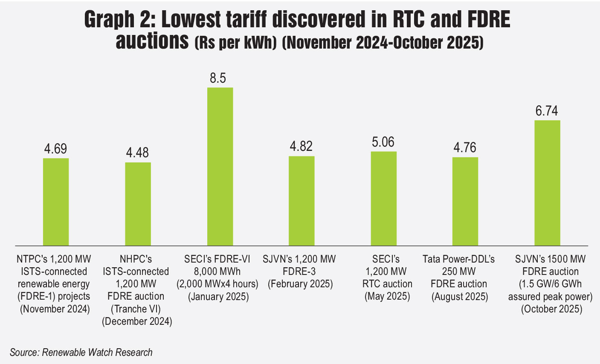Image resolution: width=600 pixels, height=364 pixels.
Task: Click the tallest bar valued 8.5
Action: point(220,166)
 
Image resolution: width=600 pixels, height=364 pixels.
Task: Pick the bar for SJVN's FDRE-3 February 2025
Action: point(301,200)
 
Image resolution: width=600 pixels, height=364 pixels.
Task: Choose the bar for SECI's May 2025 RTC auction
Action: point(383,198)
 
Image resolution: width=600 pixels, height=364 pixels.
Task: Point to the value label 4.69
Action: point(56,149)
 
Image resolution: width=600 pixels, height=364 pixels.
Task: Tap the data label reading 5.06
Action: point(383,142)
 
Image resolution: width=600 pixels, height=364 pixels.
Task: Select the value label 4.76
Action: point(465,148)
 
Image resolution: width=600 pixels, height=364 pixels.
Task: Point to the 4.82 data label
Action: point(301,146)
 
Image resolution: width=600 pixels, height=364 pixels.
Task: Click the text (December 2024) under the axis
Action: point(137,321)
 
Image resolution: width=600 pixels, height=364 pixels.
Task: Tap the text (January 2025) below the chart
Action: point(218,296)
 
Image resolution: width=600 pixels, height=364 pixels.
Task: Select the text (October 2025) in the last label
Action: point(551,309)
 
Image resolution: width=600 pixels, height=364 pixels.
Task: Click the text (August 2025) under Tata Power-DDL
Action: point(459,296)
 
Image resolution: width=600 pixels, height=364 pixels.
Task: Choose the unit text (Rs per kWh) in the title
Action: point(235,43)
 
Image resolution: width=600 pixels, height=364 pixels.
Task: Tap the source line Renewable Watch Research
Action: point(81,352)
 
